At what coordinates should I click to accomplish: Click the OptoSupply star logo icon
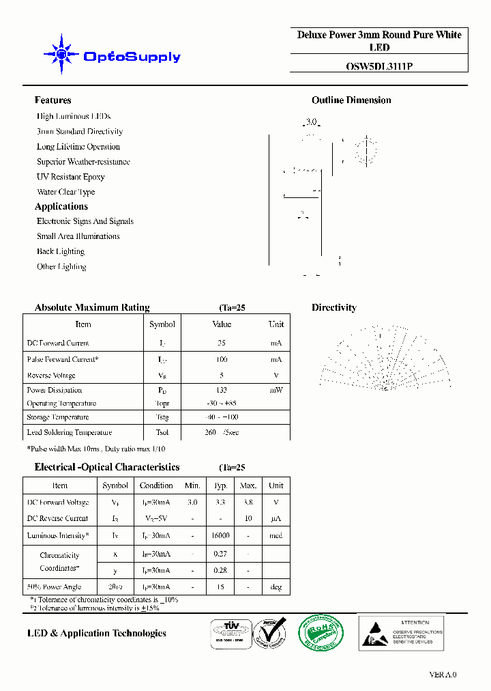[61, 54]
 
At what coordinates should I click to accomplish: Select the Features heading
[53, 100]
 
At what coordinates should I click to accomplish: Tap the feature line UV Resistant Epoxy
[71, 177]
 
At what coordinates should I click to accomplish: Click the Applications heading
[61, 206]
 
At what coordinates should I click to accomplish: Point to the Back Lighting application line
[61, 251]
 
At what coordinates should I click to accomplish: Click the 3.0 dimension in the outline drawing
[312, 122]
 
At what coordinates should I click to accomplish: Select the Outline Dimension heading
[351, 100]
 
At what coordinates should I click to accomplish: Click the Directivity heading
[334, 308]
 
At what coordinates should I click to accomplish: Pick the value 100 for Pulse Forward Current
[222, 359]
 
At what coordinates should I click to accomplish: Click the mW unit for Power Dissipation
[276, 390]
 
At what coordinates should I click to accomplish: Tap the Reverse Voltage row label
[51, 376]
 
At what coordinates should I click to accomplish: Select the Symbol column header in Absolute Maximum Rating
[162, 324]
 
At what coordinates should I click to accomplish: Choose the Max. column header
[248, 485]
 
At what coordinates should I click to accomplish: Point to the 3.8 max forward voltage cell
[248, 502]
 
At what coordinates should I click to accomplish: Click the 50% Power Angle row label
[54, 587]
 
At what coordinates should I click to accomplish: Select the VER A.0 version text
[443, 675]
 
